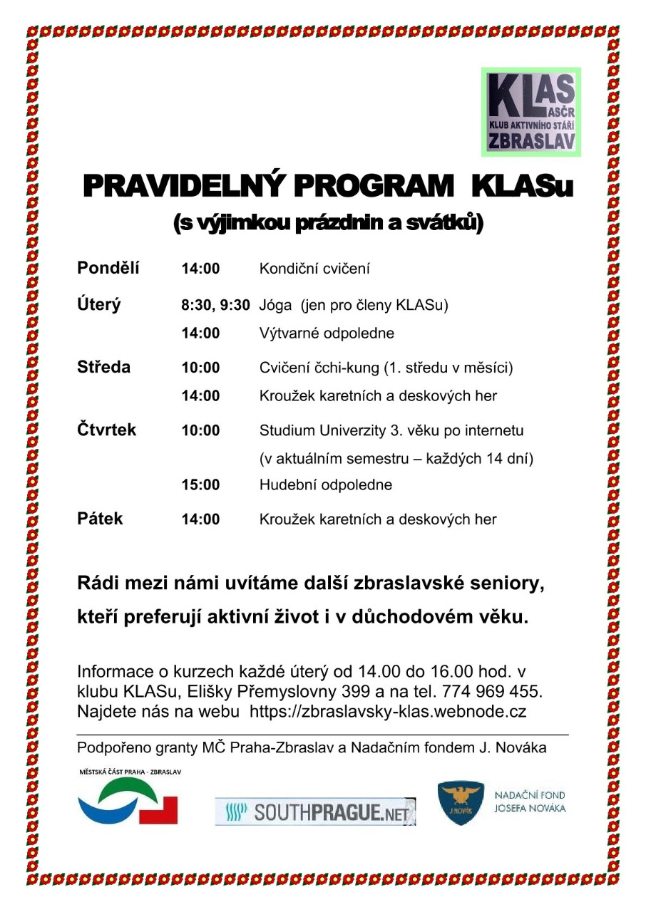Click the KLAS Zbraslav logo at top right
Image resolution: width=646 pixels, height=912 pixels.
[x=531, y=111]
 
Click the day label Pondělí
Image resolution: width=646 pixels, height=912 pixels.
[x=108, y=269]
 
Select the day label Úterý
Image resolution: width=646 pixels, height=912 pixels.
[x=99, y=305]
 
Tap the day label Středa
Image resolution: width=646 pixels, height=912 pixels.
[x=104, y=368]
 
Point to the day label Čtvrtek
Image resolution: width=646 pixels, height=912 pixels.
[x=106, y=430]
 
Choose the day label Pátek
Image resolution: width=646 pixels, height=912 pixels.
[x=100, y=519]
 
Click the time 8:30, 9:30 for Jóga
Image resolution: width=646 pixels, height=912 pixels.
[x=215, y=306]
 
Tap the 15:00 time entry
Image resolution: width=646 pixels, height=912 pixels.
[x=200, y=485]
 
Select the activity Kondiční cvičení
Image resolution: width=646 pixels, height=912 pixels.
[x=314, y=269]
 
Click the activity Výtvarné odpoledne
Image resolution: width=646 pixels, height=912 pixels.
[x=327, y=333]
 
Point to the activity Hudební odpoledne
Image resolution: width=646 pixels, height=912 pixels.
[x=326, y=485]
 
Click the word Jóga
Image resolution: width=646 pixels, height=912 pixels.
[x=276, y=306]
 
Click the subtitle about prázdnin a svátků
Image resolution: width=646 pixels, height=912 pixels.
[x=329, y=224]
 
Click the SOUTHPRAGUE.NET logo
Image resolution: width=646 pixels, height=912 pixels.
[x=315, y=812]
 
